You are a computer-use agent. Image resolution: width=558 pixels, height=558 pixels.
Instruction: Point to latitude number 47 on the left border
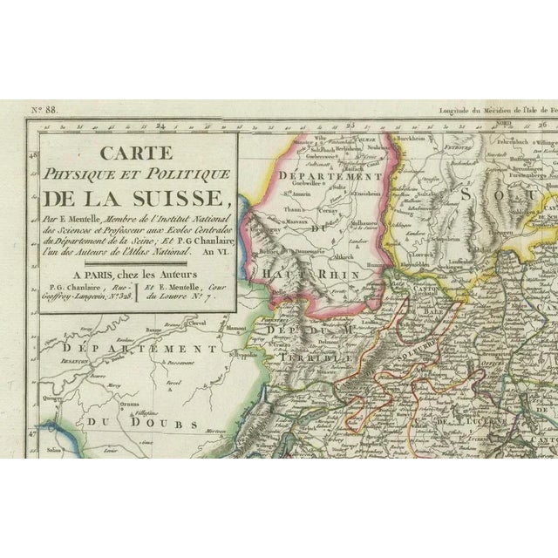pyautogui.click(x=32, y=428)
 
